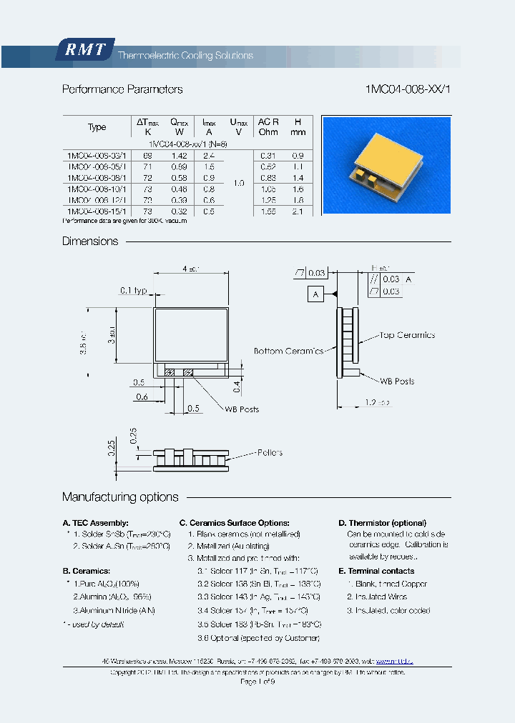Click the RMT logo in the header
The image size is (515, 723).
(84, 50)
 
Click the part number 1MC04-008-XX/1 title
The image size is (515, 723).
(408, 89)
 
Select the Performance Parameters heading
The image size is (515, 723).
(122, 89)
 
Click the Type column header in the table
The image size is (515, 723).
(97, 127)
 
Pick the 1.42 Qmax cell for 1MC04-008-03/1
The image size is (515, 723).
(180, 155)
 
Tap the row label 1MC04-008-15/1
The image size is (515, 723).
(96, 211)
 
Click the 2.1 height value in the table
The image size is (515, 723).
(298, 211)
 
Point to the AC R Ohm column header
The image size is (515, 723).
(268, 126)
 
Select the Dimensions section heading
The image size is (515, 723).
(90, 241)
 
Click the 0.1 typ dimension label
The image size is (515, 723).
(133, 290)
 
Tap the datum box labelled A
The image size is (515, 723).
(315, 294)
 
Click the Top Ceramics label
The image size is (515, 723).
(407, 335)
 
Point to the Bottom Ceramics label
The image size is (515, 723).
(288, 351)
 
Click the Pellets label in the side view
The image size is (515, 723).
(269, 452)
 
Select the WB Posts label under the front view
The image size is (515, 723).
(242, 409)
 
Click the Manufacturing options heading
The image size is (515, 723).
(120, 497)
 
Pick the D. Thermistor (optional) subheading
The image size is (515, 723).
(382, 523)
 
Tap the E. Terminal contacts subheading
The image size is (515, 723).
(376, 571)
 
